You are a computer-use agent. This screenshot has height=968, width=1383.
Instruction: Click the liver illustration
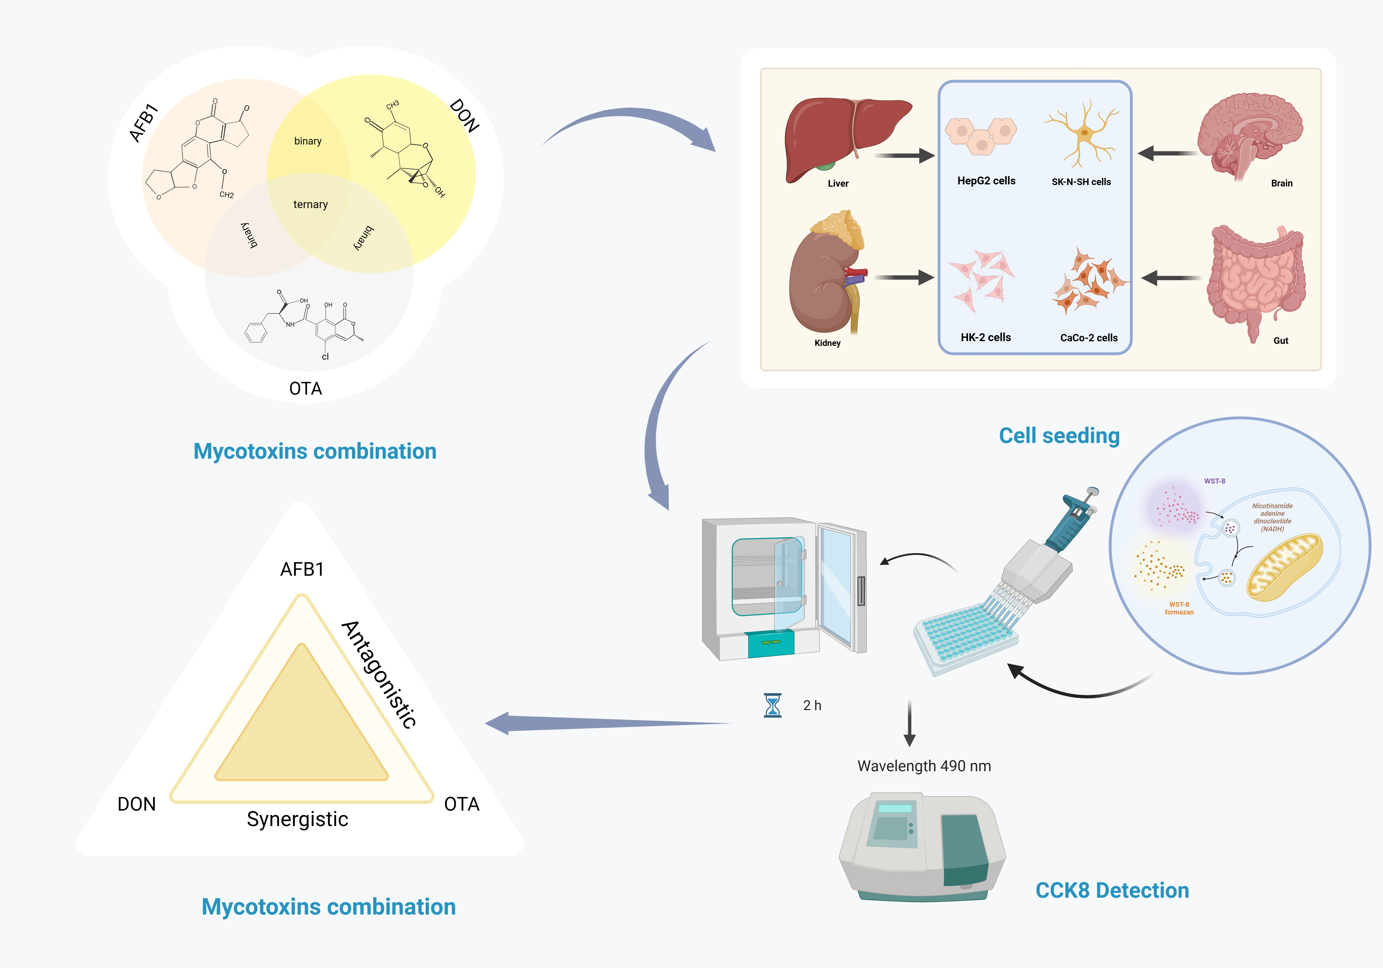coord(843,136)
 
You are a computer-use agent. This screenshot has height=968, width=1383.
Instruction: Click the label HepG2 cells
coord(986,181)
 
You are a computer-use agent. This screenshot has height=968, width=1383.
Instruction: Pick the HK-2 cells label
coord(985,337)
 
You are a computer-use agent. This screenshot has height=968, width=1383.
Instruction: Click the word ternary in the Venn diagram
coord(310,205)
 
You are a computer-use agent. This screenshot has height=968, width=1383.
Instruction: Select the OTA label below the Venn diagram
coord(305,389)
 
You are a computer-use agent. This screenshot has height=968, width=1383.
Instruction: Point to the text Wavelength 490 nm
coord(924,766)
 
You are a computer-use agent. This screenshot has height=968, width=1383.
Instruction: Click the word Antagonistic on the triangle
coord(379,675)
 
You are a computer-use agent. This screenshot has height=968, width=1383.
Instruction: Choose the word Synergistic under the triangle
coord(298,819)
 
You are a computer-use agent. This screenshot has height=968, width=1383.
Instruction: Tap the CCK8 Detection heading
coord(1112,890)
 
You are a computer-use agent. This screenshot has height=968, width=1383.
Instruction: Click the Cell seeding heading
coord(1059,436)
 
